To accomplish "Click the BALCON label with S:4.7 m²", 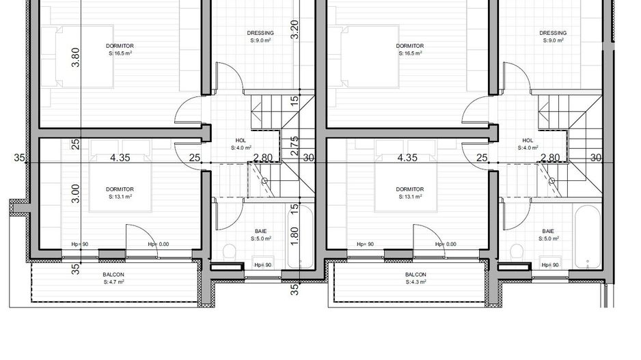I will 113,277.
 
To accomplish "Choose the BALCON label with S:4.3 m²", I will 415,277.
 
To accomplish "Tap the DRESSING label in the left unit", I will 260,36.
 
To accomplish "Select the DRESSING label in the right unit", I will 552,36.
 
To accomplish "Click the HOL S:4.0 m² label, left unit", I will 240,143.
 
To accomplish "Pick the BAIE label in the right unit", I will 548,234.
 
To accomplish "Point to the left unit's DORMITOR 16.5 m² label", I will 120,49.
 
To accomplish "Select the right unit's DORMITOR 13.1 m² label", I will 409,193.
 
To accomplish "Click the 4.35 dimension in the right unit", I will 407,158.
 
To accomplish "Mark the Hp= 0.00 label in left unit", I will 159,244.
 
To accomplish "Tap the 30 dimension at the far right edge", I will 595,158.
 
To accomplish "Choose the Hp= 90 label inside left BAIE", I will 262,265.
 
